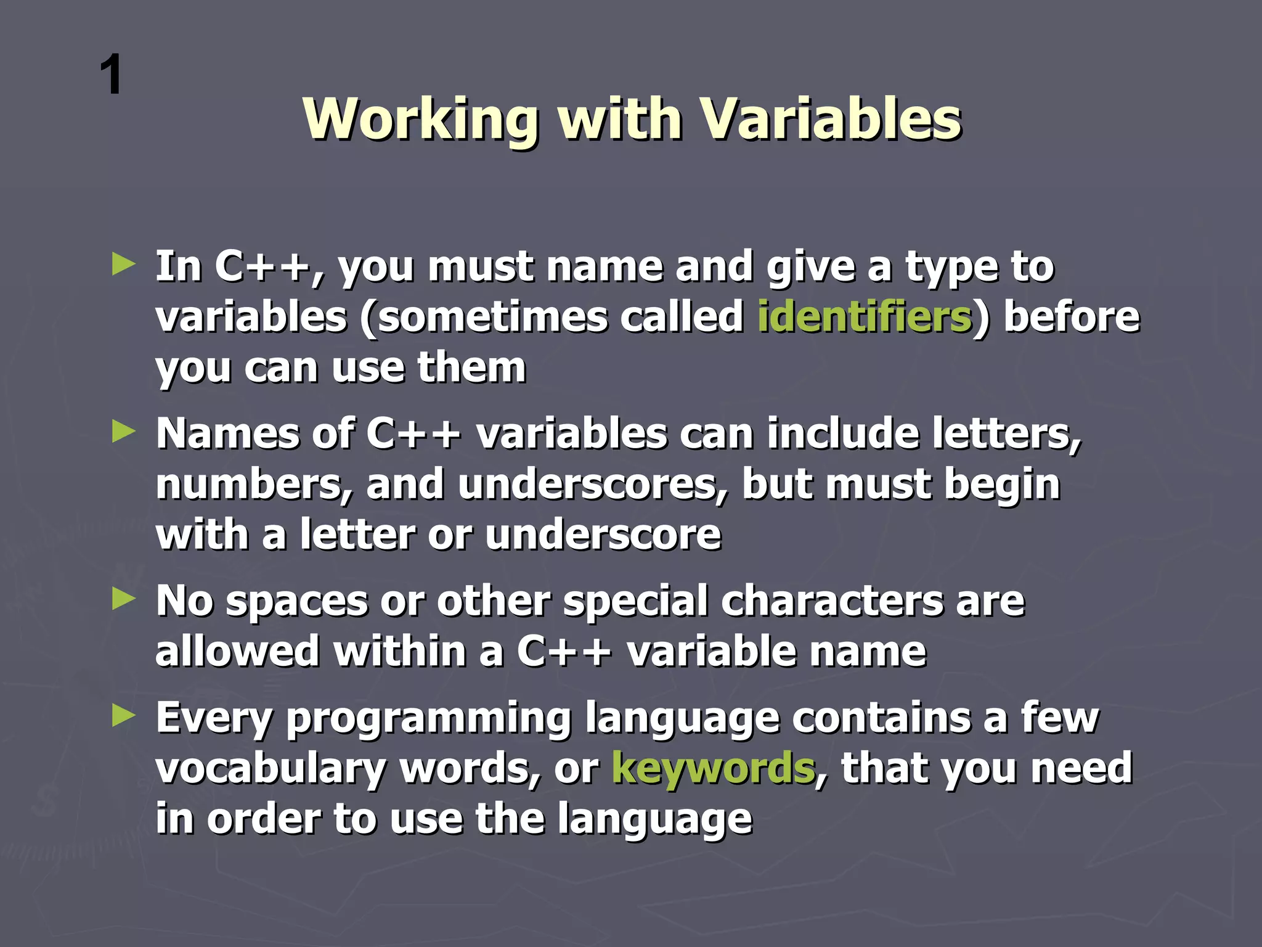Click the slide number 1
pos(112,75)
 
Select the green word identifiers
pos(864,318)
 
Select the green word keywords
pos(713,769)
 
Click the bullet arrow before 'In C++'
pos(123,265)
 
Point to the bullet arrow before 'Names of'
pos(123,432)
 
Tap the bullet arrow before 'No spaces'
pos(123,599)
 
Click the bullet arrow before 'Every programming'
pos(123,716)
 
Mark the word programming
pos(429,719)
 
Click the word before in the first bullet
pos(1072,318)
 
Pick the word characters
pos(831,601)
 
